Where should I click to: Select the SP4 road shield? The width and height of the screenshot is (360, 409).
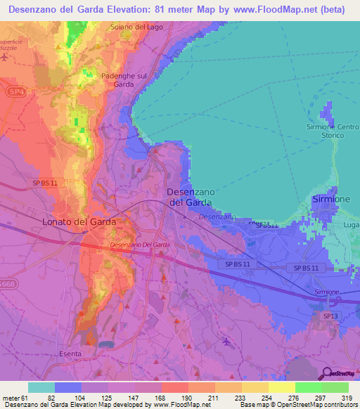(x=13, y=91)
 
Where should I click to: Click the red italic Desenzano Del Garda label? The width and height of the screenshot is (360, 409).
(x=140, y=245)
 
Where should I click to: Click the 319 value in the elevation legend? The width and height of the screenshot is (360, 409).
(x=345, y=396)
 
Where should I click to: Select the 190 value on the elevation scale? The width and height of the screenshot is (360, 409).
(x=187, y=396)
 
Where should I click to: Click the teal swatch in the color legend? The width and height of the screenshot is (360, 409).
(x=41, y=387)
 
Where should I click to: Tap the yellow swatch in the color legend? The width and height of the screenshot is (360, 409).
(x=281, y=387)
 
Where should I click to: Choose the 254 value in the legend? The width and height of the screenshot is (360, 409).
(x=266, y=396)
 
